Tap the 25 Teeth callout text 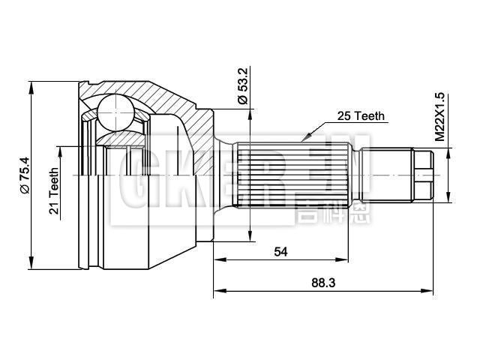click(361, 116)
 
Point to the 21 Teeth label click(54, 191)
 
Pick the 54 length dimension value click(280, 252)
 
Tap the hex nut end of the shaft click(423, 174)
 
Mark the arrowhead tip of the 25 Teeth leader click(302, 139)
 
